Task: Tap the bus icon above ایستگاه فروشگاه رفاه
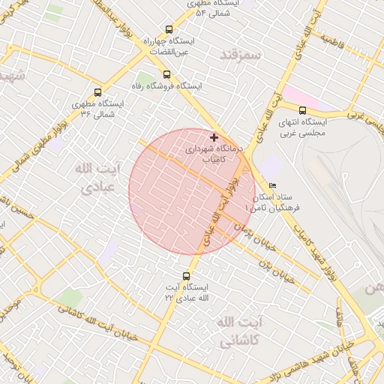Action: [x=166, y=74]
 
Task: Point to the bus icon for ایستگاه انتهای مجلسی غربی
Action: [x=302, y=110]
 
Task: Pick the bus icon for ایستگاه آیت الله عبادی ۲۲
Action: [x=186, y=275]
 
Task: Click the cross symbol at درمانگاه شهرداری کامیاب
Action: [x=214, y=137]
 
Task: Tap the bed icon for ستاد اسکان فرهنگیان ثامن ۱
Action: [x=271, y=185]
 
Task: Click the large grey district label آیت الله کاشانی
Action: [x=238, y=331]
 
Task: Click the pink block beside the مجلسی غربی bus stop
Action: [x=294, y=95]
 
